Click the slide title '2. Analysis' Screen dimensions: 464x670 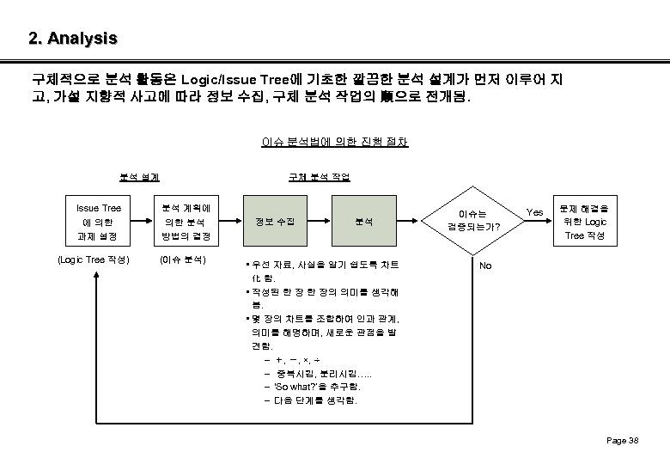(72, 39)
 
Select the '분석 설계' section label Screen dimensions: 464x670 (138, 177)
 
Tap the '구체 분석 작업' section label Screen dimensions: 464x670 (319, 177)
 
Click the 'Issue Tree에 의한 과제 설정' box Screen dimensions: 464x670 (99, 221)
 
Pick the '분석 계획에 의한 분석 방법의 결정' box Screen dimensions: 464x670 (188, 221)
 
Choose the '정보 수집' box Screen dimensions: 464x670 (280, 222)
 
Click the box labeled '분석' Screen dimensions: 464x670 (364, 222)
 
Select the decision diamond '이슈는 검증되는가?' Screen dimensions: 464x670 (472, 221)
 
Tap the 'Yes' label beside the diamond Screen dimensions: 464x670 (534, 211)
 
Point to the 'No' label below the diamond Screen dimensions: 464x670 (485, 266)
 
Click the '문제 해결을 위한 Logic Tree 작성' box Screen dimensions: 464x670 (583, 221)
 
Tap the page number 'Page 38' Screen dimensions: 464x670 (622, 440)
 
